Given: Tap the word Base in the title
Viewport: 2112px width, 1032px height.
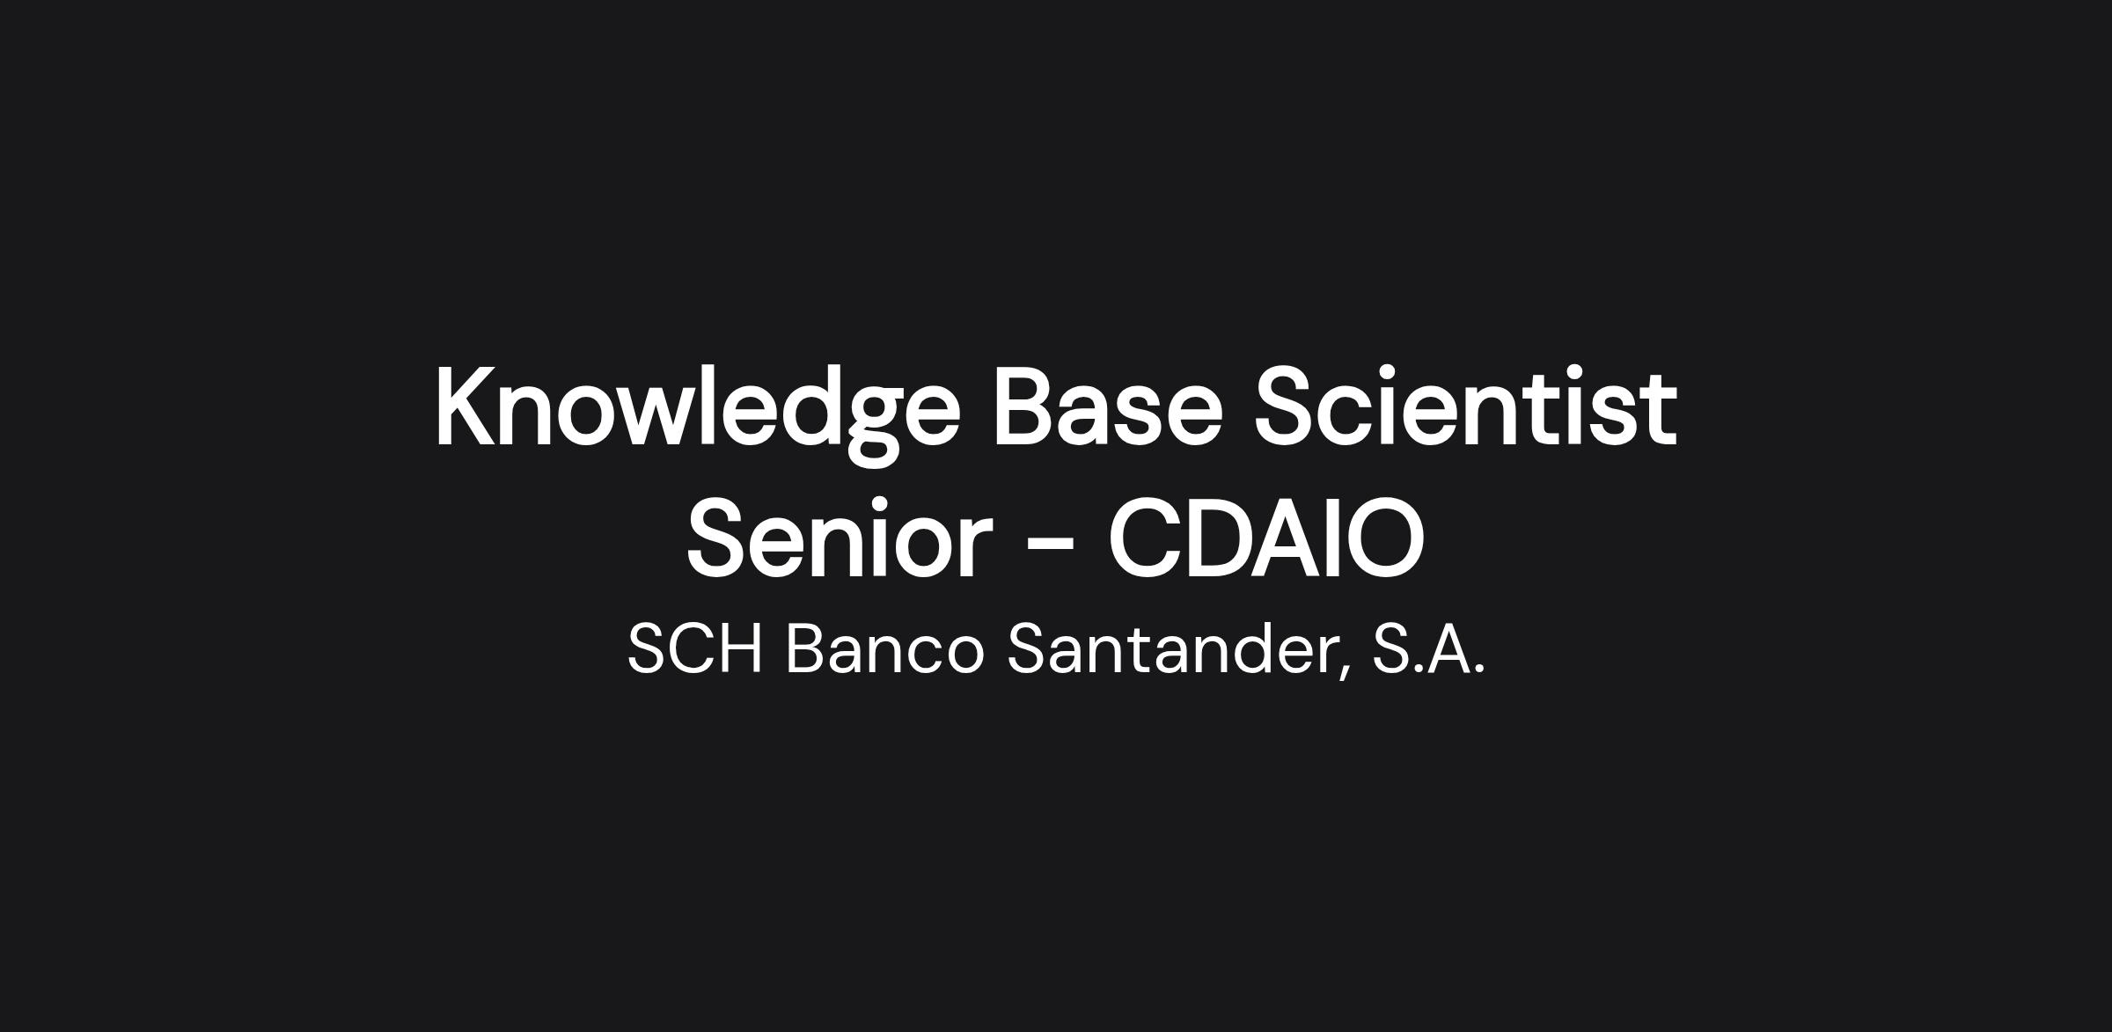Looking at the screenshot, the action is [x=1107, y=407].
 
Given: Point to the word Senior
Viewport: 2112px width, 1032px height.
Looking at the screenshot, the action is [x=839, y=538].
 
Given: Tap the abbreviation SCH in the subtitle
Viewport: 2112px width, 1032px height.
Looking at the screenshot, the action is [x=694, y=649].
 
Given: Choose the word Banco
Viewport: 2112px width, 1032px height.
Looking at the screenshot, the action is [x=884, y=649].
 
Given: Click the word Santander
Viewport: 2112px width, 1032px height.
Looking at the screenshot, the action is [x=1171, y=649].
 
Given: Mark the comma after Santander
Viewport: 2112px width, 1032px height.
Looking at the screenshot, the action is [x=1345, y=674].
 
